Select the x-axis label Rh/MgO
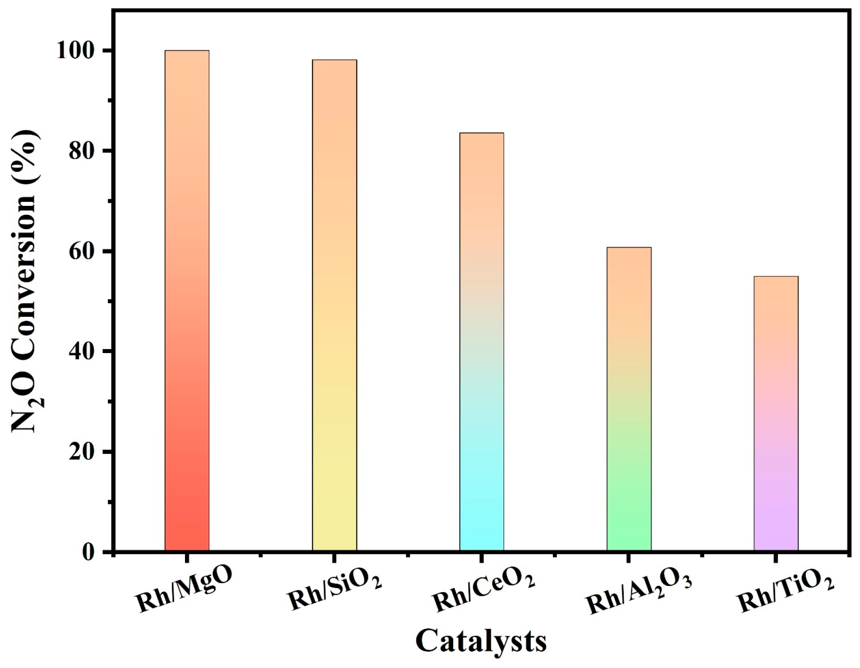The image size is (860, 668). [x=184, y=590]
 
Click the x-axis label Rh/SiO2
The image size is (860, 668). [x=335, y=590]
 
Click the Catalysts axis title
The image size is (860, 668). [x=481, y=641]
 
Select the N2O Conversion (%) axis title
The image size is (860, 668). [x=26, y=280]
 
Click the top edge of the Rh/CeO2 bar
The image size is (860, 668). [x=481, y=133]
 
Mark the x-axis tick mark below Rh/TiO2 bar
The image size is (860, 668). [x=776, y=558]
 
